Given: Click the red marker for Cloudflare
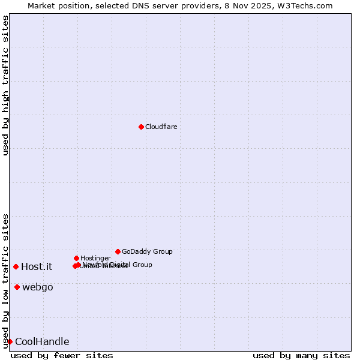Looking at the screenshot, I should (141, 127).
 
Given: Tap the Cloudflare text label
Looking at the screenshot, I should (161, 127).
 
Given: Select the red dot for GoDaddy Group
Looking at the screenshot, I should (118, 251).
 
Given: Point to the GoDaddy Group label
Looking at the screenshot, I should (147, 251).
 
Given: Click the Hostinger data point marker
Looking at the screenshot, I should (76, 258).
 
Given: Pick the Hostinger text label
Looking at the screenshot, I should (95, 258).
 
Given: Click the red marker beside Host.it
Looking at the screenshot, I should (16, 266).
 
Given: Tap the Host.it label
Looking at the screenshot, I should (37, 266).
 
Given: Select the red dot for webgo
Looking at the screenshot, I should (17, 287).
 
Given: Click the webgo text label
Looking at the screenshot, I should (38, 287).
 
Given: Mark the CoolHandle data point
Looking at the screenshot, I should (10, 341).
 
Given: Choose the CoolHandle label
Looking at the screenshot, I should (42, 341).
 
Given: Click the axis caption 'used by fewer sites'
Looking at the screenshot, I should (62, 355).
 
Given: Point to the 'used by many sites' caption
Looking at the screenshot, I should (301, 355).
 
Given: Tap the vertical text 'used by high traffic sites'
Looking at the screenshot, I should (5, 85).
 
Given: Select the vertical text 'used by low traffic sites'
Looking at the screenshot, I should (5, 281).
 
